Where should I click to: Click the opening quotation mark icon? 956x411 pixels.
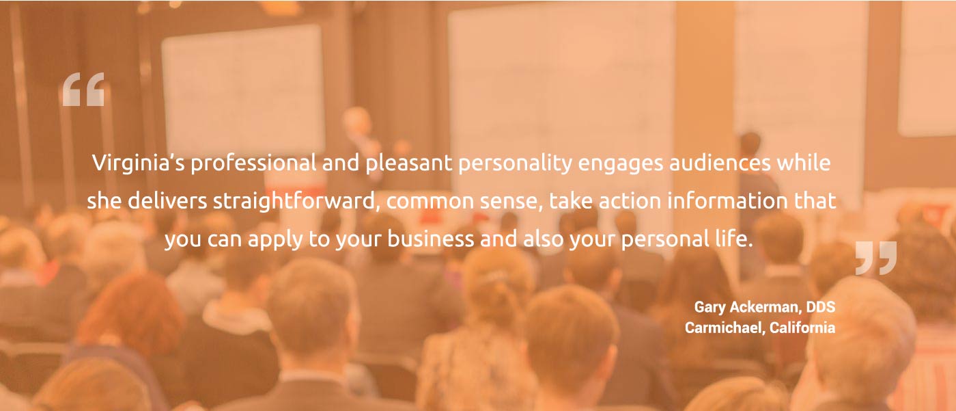pyautogui.click(x=83, y=90)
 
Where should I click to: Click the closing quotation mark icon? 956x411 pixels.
pyautogui.click(x=876, y=258)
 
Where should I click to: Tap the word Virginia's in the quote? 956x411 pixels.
pyautogui.click(x=139, y=163)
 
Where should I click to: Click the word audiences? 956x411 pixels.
pyautogui.click(x=720, y=163)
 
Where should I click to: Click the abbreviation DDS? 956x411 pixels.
pyautogui.click(x=821, y=307)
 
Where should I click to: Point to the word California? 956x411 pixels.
pyautogui.click(x=803, y=328)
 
